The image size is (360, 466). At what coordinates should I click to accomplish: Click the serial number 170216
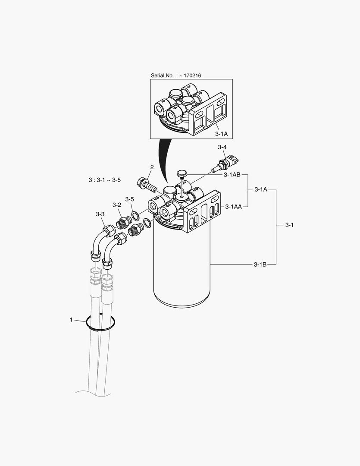192,76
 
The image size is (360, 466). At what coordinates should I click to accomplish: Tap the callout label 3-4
222,147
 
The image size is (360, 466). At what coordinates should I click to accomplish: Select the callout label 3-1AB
232,175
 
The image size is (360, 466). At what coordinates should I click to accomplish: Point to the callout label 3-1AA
234,207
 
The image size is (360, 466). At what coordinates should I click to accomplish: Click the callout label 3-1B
260,264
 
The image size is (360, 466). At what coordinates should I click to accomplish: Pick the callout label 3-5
129,199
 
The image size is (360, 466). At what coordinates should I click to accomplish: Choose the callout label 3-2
117,205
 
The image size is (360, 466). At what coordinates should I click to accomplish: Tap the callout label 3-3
100,214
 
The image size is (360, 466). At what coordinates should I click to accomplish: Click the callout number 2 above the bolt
152,167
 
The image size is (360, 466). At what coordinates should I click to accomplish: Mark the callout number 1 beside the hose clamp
71,320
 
